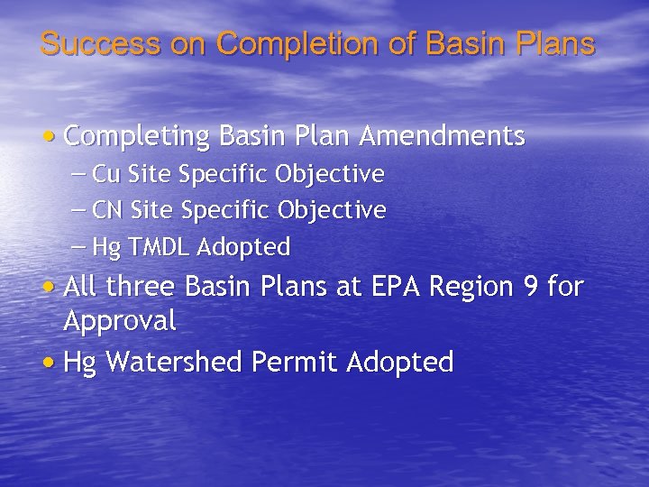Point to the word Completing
[134, 136]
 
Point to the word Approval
[120, 321]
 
